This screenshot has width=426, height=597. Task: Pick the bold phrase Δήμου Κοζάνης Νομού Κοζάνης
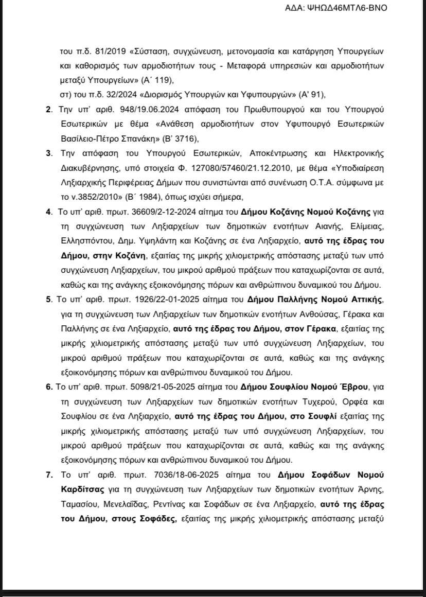[292, 212]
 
